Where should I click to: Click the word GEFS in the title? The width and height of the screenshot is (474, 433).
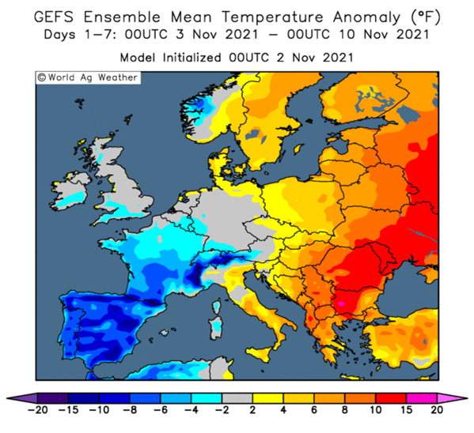point(54,17)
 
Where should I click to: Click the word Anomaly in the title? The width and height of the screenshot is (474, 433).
point(366,17)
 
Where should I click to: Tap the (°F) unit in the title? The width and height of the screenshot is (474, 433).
point(425,17)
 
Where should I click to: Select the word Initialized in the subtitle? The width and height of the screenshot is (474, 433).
point(191,58)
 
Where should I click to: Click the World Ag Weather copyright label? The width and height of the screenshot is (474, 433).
point(88,77)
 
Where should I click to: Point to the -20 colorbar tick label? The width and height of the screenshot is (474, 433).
point(38,410)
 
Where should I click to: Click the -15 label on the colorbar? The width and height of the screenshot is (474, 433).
point(68,410)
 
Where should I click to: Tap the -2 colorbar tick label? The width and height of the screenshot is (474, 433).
point(222,410)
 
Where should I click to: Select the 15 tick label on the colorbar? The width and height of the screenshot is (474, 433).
point(406,410)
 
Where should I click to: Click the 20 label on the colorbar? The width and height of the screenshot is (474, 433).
point(437,410)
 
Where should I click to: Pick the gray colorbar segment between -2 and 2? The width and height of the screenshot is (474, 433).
point(237,398)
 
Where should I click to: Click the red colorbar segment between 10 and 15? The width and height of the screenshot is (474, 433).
point(391,398)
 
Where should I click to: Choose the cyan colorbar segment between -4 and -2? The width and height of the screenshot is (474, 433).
point(207,398)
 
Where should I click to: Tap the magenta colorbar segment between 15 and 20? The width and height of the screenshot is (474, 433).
point(422,398)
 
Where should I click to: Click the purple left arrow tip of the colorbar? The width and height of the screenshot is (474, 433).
point(7,398)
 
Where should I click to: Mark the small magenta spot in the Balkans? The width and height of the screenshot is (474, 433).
point(341,303)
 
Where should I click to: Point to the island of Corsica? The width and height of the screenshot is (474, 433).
point(216,306)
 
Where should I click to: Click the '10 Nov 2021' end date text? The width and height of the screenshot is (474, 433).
point(384,35)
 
